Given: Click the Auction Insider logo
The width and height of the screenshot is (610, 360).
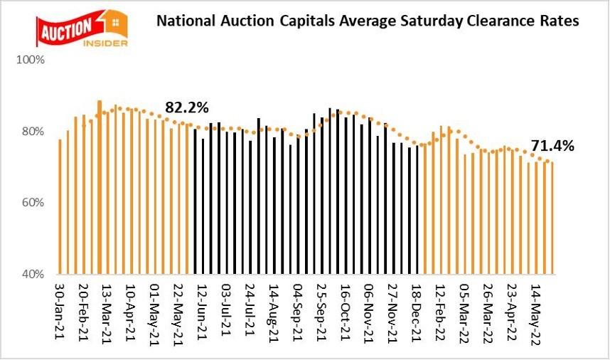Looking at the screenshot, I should (x=81, y=28).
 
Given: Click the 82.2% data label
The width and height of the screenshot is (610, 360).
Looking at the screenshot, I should (x=187, y=108).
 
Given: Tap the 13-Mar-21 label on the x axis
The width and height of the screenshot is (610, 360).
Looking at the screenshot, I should (x=107, y=313).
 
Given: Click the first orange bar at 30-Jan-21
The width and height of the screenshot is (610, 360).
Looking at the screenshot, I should (x=60, y=206).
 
